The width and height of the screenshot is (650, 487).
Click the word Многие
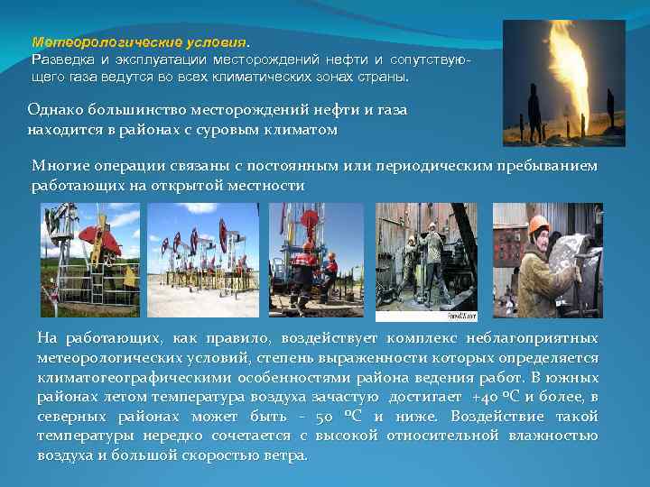[x=58, y=166]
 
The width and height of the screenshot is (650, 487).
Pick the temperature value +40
[x=485, y=397]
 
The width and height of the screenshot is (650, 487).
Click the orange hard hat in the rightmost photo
[x=539, y=224]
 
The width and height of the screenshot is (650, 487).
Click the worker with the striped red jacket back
[x=330, y=271]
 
